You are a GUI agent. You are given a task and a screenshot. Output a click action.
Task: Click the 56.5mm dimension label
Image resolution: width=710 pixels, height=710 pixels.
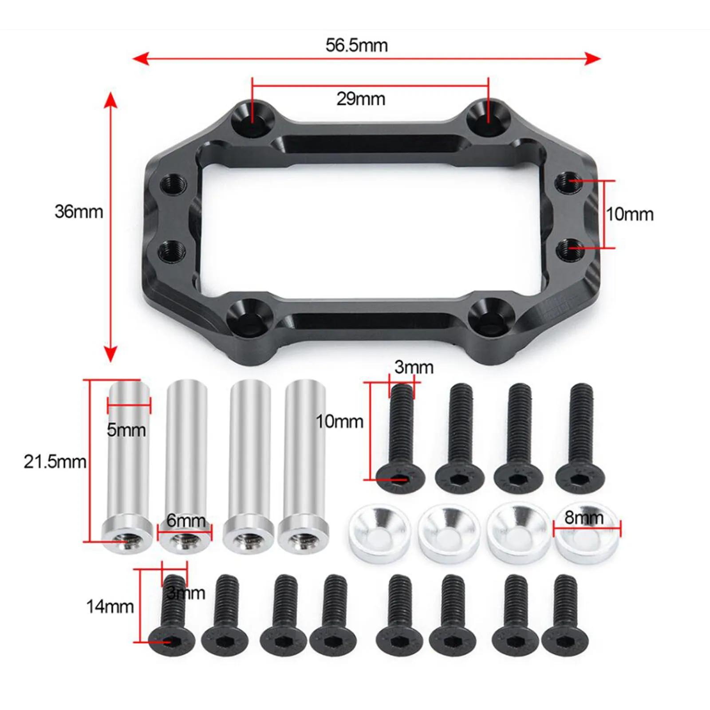tap(356, 45)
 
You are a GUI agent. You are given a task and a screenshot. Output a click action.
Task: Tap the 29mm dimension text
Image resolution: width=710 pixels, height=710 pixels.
tap(360, 99)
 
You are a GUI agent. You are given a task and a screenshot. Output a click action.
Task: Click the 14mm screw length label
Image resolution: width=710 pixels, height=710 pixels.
tap(110, 606)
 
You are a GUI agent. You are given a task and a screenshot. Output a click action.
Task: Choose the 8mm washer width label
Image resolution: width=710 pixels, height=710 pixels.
tap(584, 517)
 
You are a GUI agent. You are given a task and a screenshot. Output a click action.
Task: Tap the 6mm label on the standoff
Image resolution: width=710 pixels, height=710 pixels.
tap(185, 520)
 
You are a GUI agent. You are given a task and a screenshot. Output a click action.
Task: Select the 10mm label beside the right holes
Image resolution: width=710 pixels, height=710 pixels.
tap(630, 214)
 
